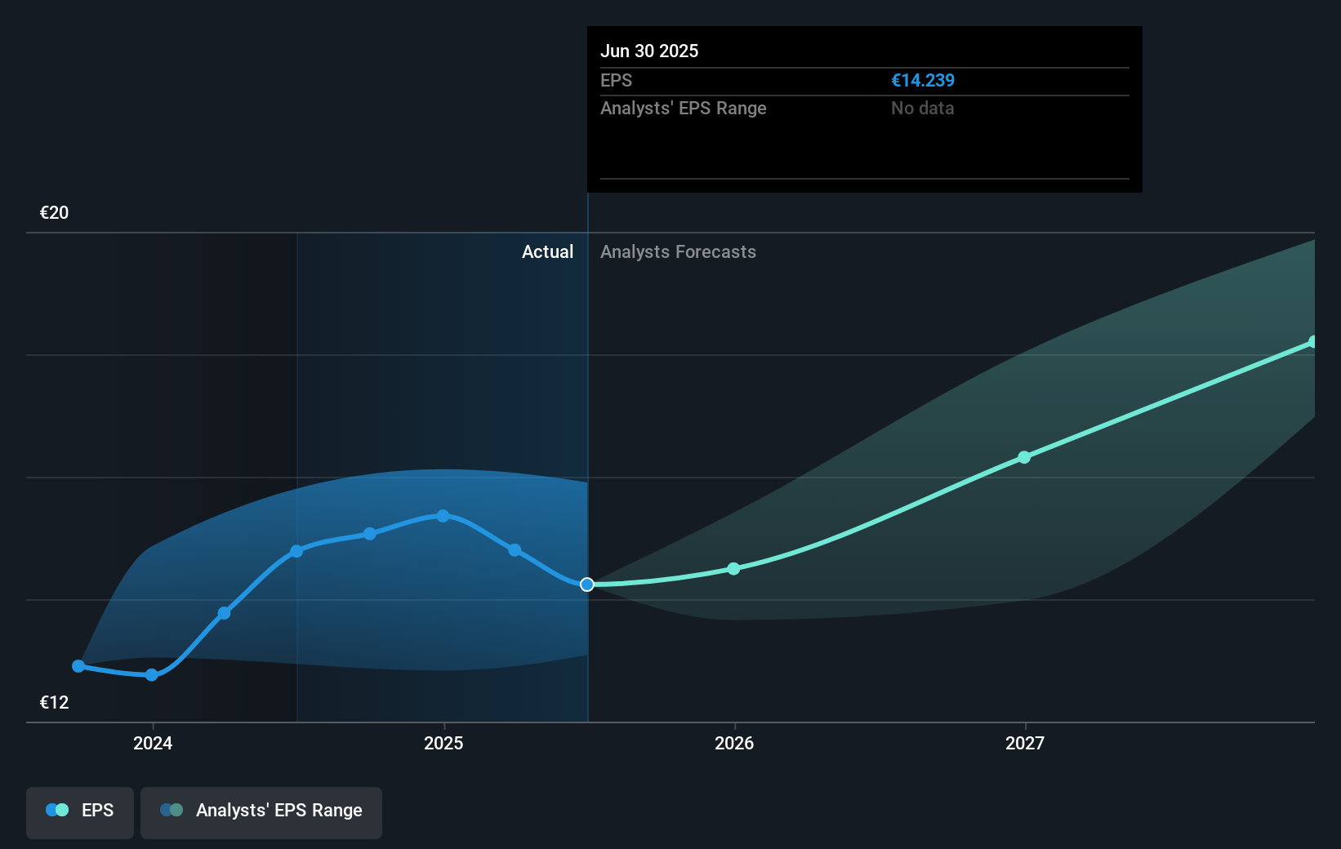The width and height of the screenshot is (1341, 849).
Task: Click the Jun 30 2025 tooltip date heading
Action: click(x=649, y=51)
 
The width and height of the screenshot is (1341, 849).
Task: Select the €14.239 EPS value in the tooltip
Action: click(x=922, y=80)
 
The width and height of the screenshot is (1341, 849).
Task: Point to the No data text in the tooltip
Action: click(x=922, y=108)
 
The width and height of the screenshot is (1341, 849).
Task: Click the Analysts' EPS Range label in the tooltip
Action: click(x=683, y=108)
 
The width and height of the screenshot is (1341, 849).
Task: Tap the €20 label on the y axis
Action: click(x=54, y=212)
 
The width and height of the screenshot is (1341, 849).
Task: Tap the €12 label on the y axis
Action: click(x=54, y=702)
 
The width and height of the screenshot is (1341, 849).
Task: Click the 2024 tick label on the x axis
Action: click(x=153, y=743)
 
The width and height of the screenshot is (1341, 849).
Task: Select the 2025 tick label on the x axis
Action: click(x=443, y=743)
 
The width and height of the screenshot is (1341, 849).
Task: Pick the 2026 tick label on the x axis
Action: click(x=734, y=743)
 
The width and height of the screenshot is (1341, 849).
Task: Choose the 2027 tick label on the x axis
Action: click(x=1025, y=743)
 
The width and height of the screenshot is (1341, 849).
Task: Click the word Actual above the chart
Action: click(x=547, y=251)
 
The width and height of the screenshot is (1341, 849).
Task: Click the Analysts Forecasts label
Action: click(x=678, y=251)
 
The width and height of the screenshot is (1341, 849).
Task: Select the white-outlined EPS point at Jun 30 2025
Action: click(x=587, y=585)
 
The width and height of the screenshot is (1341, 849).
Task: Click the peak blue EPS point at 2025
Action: click(x=443, y=516)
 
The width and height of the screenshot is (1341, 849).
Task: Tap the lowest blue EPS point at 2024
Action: click(x=152, y=675)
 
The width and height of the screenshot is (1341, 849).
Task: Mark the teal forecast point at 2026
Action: click(x=733, y=568)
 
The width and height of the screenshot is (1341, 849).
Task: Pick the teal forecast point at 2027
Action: click(x=1024, y=457)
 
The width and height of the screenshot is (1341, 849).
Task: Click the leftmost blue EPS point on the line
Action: click(x=78, y=666)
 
